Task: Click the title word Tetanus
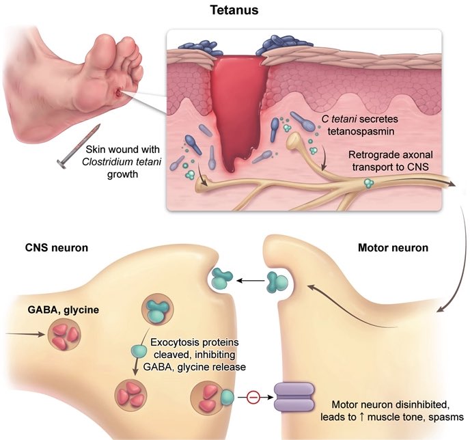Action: tap(235, 11)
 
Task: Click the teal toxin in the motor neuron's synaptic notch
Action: tap(279, 281)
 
